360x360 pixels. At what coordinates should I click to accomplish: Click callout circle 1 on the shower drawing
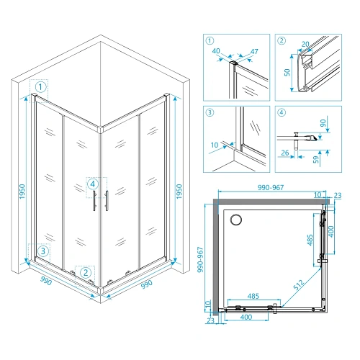(41, 87)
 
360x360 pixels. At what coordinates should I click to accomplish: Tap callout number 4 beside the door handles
(93, 184)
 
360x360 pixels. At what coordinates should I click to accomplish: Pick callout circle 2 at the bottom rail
(86, 272)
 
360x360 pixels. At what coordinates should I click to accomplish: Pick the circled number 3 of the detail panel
(210, 112)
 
